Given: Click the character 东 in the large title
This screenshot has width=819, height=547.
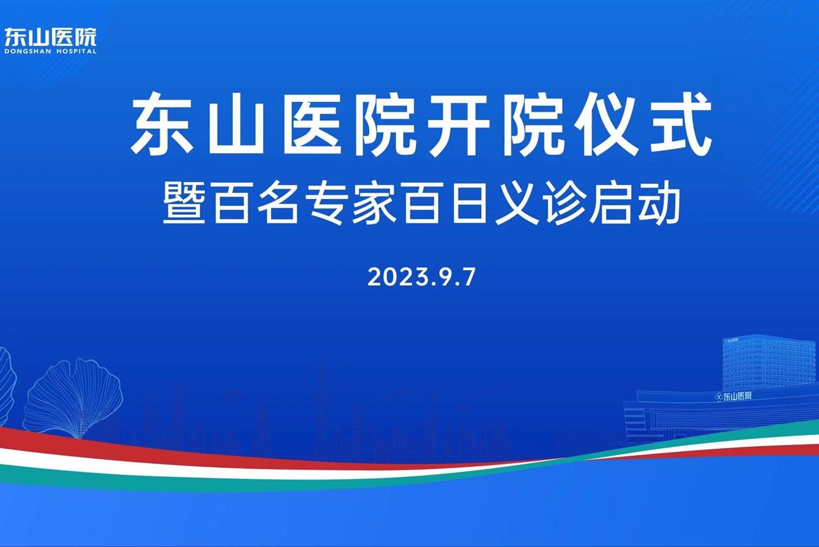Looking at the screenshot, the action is click(163, 124).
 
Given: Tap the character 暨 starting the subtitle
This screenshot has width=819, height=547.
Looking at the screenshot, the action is click(184, 203).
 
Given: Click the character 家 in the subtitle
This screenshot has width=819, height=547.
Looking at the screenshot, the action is click(374, 203).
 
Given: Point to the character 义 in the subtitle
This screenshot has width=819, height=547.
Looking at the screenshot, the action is click(517, 203).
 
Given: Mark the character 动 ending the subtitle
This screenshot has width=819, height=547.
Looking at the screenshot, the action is click(659, 203).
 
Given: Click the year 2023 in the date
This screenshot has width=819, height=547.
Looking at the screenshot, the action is click(397, 277).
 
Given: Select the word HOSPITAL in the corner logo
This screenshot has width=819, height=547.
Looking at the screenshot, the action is click(77, 52).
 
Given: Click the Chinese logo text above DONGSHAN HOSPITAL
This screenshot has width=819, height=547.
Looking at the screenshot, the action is click(50, 37).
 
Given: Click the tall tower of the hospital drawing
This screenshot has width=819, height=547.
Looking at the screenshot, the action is click(769, 362).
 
